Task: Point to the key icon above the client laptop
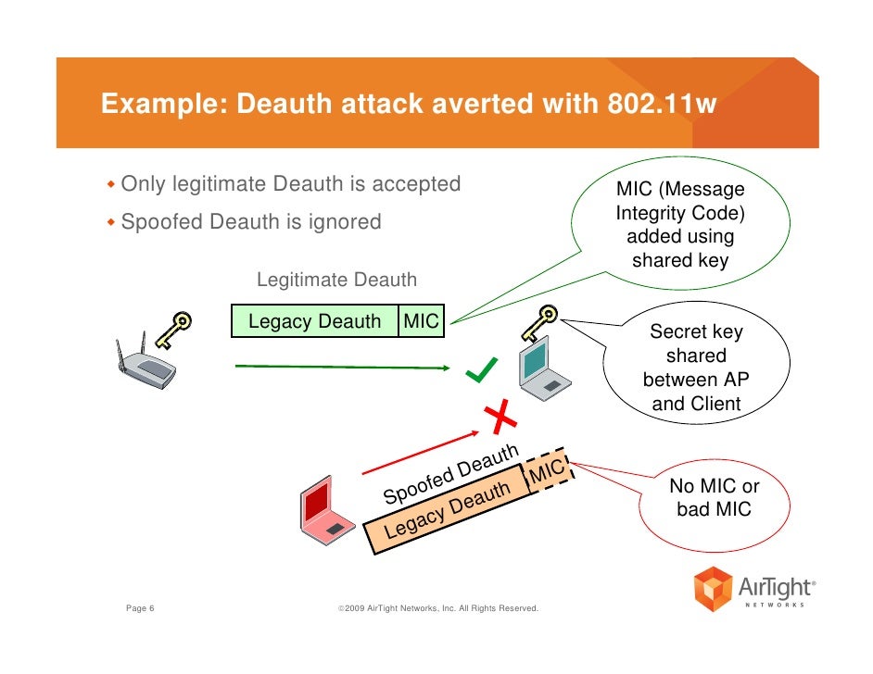537,323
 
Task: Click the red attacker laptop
321,513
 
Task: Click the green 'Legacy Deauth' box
314,321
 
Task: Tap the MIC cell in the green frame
421,321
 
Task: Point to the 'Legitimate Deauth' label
336,280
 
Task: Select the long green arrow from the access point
352,368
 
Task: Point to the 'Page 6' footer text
140,608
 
